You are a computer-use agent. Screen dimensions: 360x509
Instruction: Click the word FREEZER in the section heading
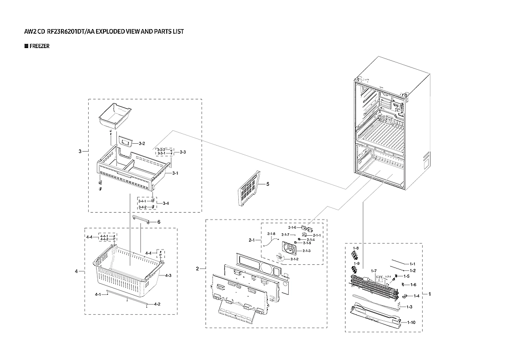[x=40, y=47]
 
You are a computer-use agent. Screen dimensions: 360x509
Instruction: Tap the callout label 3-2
[x=142, y=144]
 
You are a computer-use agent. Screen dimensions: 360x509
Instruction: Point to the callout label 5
[x=267, y=184]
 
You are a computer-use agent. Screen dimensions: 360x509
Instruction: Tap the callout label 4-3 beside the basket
[x=168, y=275]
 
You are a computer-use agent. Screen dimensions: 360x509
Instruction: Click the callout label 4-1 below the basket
[x=98, y=294]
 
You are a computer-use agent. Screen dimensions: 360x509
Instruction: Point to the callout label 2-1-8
[x=271, y=233]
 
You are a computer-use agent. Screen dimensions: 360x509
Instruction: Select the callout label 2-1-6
[x=292, y=227]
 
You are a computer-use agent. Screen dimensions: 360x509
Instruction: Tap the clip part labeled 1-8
[x=355, y=254]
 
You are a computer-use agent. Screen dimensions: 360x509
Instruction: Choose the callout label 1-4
[x=416, y=296]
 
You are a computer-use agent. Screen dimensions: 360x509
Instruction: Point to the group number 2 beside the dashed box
[x=198, y=268]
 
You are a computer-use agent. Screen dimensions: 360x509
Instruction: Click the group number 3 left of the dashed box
[x=80, y=151]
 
